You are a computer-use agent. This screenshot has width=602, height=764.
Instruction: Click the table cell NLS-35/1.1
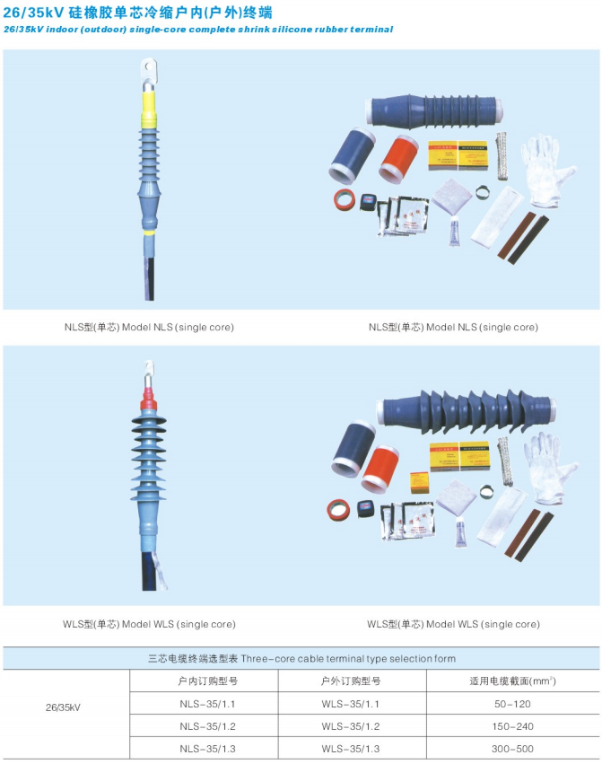click(207, 704)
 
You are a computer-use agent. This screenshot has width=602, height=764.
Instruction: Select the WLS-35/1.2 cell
click(350, 726)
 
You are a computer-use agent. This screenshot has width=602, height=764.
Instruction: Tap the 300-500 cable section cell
click(512, 749)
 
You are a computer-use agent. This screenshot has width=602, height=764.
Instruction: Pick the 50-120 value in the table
click(512, 704)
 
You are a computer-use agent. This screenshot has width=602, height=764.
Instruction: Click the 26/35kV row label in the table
click(63, 707)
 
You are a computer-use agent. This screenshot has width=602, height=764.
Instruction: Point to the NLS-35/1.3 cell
click(207, 749)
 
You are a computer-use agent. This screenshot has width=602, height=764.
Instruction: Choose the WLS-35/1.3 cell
click(350, 749)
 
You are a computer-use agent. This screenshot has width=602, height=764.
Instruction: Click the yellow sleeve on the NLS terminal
click(149, 109)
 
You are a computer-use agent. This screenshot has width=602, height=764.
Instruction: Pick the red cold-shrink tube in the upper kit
click(399, 157)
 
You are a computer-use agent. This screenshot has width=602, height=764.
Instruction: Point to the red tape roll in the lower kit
click(338, 510)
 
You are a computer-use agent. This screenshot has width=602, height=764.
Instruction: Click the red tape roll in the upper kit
click(345, 199)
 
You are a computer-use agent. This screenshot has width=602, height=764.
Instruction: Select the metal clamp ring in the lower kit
click(485, 492)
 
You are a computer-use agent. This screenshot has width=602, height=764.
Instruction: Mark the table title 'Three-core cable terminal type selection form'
click(348, 659)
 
